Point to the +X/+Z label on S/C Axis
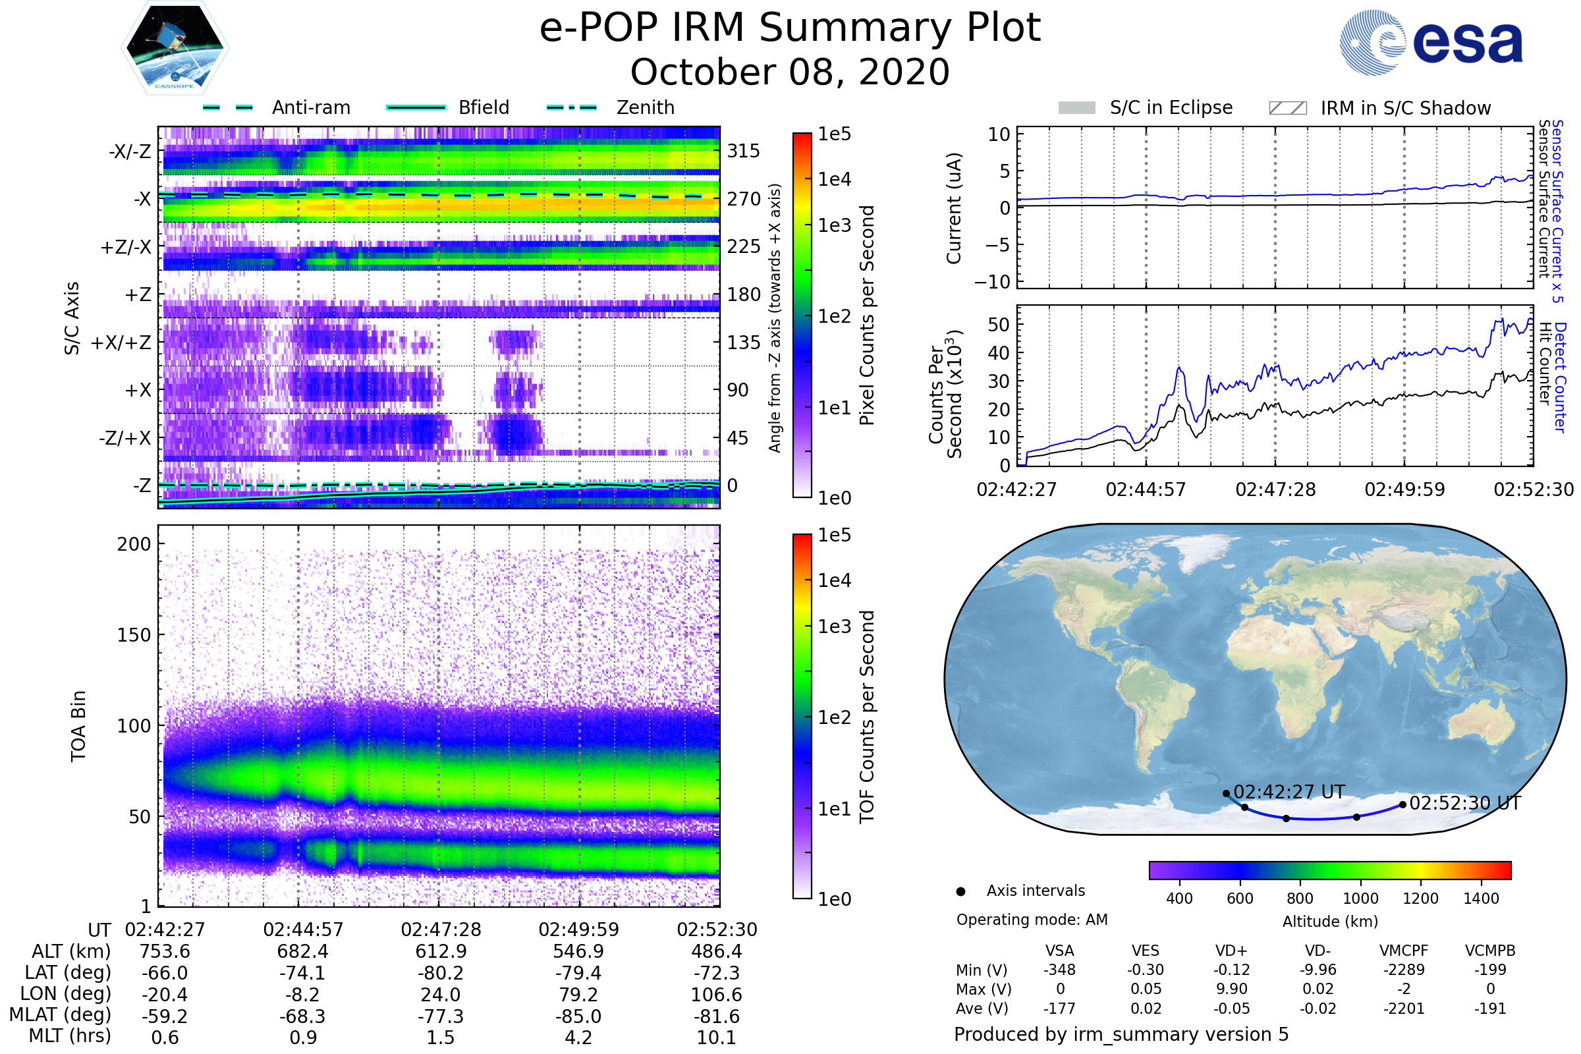pos(121,343)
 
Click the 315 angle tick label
pos(743,151)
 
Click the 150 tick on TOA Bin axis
pos(134,635)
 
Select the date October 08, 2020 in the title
pos(790,72)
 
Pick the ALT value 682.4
pos(302,952)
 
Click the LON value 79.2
pos(578,995)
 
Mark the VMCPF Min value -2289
pos(1404,970)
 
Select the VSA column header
pos(1059,951)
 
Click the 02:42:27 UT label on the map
pos(1289,792)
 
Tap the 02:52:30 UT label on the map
pos(1464,803)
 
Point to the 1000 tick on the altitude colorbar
pos(1360,899)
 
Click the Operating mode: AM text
pos(1032,920)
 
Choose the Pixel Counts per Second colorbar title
pos(867,316)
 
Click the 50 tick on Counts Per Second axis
pos(999,325)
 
